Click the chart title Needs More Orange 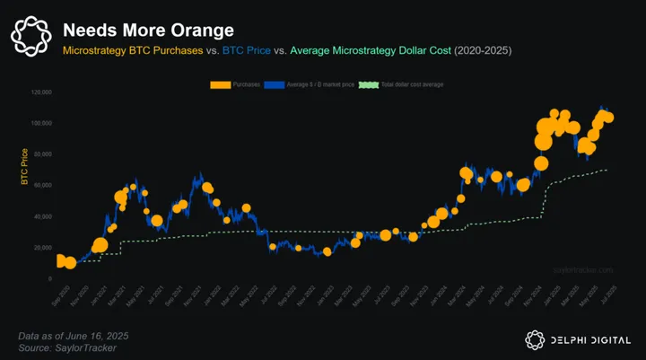[x=147, y=30]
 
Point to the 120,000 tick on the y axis [x=41, y=92]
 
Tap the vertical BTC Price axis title [x=24, y=169]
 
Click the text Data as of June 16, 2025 [x=74, y=335]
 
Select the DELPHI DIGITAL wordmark [x=591, y=339]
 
